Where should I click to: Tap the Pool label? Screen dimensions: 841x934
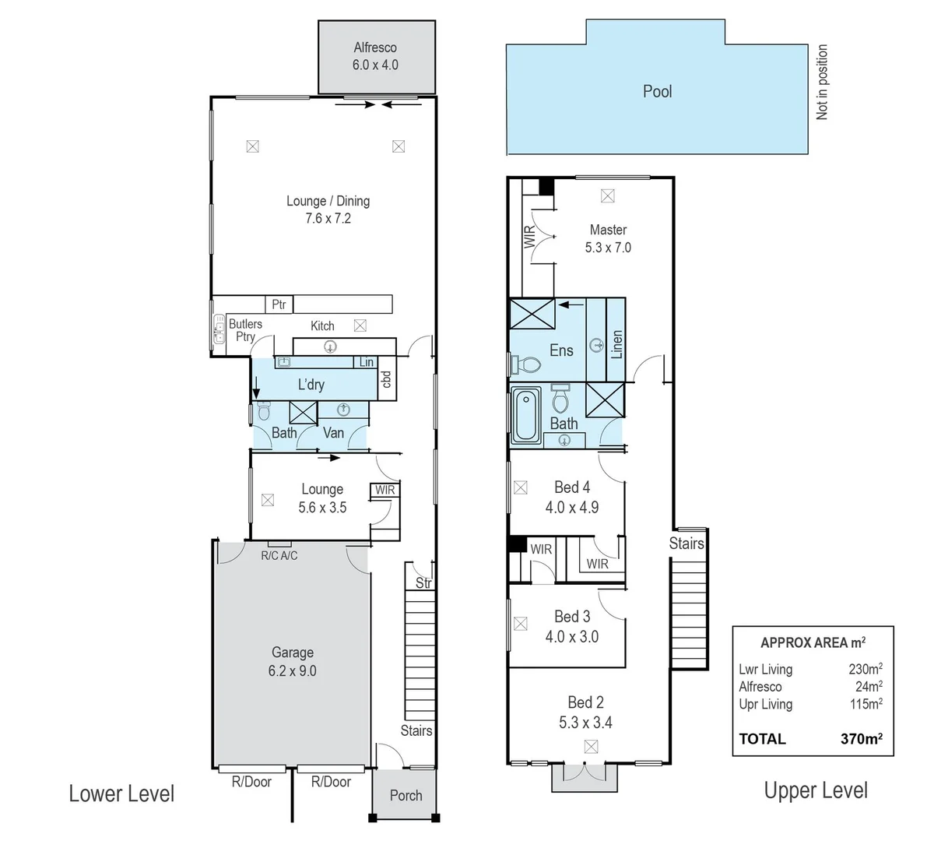tap(657, 91)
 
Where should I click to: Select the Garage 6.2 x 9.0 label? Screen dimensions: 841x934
tap(293, 662)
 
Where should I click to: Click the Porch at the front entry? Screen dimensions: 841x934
tap(406, 795)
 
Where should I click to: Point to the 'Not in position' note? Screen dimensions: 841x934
tap(822, 82)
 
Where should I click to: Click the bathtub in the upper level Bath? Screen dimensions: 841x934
tap(525, 416)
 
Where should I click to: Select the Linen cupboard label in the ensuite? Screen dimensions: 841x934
tap(617, 343)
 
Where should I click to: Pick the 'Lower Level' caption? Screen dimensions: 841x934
tap(121, 793)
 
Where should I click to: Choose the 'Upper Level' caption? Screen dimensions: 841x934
tap(816, 790)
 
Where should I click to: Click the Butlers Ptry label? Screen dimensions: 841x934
tap(245, 330)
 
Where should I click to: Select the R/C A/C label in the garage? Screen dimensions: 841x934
tap(279, 555)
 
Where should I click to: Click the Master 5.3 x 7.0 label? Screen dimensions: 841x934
tap(608, 238)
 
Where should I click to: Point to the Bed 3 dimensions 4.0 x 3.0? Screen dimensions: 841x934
tap(572, 636)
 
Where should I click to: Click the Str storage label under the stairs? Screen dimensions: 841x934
tap(423, 582)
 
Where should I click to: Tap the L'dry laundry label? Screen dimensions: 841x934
tap(311, 385)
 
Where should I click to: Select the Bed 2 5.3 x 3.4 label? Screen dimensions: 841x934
tap(585, 712)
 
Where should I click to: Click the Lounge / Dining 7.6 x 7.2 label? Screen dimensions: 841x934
tap(328, 209)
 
